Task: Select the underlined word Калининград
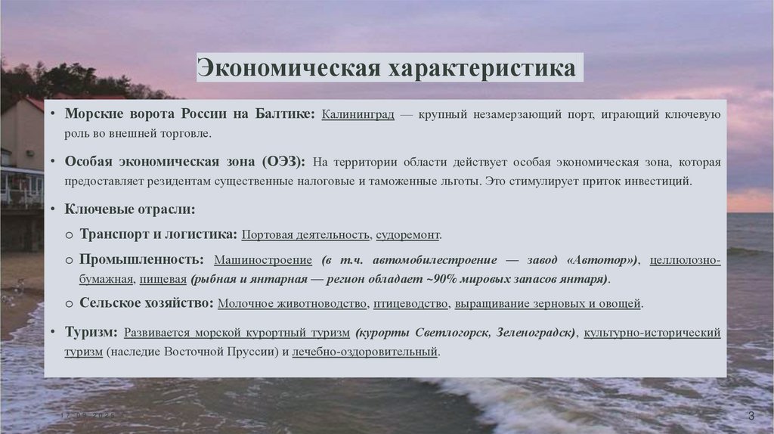point(358,115)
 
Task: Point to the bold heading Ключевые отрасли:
point(130,209)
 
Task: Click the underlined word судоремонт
point(407,234)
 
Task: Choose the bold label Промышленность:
point(142,259)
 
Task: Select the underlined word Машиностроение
point(262,259)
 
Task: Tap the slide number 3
point(751,417)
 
